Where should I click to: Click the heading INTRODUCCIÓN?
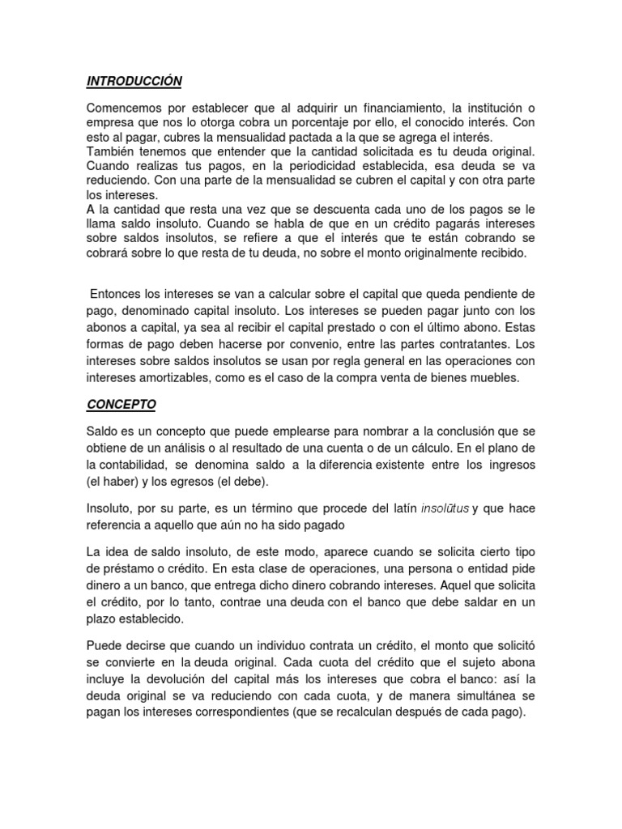(134, 81)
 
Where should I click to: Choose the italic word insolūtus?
(445, 509)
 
